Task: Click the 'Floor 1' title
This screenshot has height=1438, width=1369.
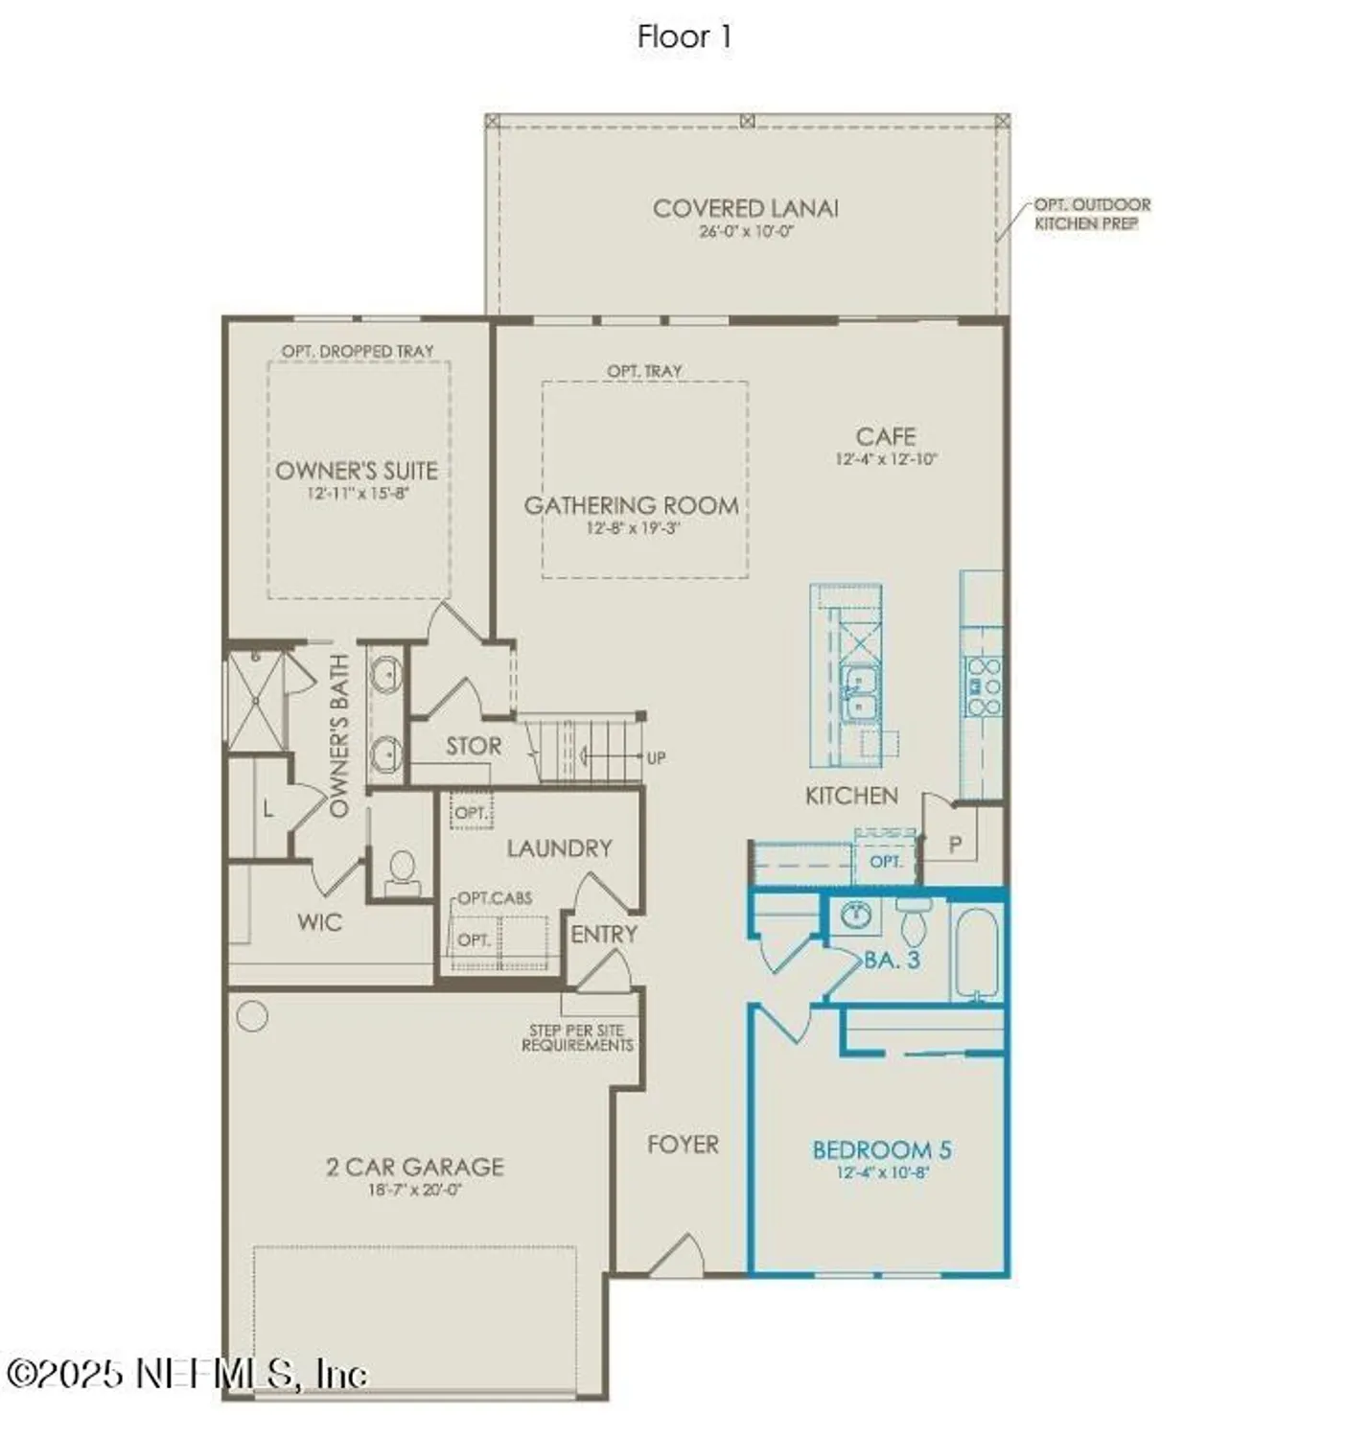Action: [684, 36]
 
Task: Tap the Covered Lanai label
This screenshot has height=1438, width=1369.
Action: [745, 208]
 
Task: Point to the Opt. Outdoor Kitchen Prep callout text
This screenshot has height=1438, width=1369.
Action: [1091, 214]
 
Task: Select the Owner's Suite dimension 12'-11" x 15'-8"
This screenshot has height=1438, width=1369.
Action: [358, 494]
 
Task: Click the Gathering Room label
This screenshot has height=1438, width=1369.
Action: [631, 505]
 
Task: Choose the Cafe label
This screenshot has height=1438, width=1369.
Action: [885, 436]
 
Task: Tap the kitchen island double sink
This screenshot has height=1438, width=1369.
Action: [858, 692]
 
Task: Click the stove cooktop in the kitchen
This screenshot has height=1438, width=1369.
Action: [983, 686]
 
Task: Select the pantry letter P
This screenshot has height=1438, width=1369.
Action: [955, 845]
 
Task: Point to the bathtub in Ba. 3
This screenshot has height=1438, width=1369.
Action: [977, 953]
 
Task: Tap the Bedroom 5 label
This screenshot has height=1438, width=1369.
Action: [881, 1149]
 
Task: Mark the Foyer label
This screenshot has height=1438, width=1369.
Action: [683, 1144]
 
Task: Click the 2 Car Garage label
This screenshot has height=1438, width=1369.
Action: [414, 1167]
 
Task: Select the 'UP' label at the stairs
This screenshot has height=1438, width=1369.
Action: [656, 758]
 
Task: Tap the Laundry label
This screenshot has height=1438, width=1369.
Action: [559, 847]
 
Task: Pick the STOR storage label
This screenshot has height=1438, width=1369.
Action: [474, 746]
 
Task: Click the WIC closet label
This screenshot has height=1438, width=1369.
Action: [319, 922]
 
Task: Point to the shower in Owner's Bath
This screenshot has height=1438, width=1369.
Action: [256, 701]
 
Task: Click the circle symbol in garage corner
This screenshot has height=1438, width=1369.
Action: [252, 1016]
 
